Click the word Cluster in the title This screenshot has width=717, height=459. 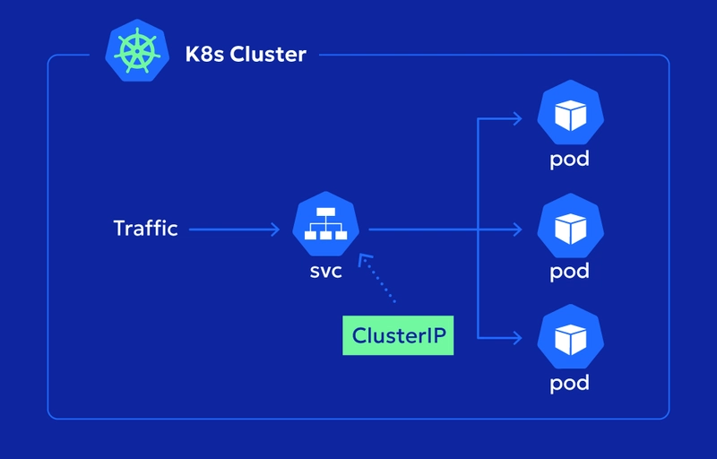coord(268,55)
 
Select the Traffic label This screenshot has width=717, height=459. coord(146,229)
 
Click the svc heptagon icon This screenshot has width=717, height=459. coord(326,229)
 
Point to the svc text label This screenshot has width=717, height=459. coord(325,271)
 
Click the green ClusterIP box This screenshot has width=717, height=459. coord(398,336)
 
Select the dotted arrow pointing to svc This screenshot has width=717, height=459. coord(376,281)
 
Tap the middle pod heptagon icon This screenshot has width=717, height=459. coord(570,229)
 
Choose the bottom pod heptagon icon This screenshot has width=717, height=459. coord(570,340)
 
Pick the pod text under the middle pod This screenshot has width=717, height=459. coord(570,272)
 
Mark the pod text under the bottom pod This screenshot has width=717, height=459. coord(570,384)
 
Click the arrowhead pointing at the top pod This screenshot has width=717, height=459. coord(517,118)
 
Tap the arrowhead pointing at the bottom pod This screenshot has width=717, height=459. coord(517,339)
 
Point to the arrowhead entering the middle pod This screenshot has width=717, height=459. coord(517,229)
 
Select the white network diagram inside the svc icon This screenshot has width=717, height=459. coord(326,227)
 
